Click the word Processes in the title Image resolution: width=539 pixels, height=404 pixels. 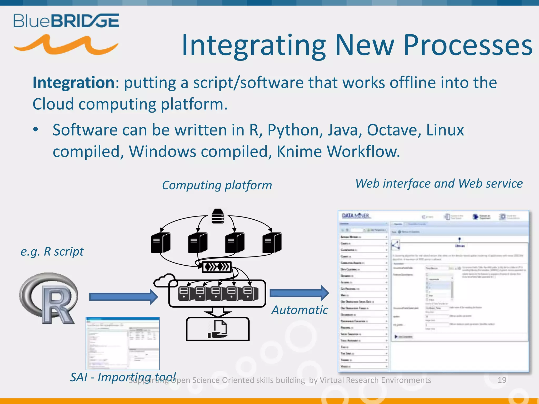[468, 45]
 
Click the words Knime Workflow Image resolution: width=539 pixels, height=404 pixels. [338, 151]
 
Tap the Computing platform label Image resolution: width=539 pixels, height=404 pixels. [217, 185]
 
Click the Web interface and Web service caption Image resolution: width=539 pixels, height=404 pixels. [439, 183]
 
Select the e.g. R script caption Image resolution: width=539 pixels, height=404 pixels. [52, 251]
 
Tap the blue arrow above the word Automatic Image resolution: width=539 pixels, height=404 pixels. [299, 293]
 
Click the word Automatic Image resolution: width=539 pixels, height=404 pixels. [300, 310]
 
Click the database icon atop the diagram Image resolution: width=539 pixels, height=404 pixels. [218, 216]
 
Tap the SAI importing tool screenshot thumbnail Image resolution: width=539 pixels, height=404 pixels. [123, 343]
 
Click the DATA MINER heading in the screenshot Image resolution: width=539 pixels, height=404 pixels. [356, 216]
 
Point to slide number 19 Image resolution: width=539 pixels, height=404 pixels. [502, 380]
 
